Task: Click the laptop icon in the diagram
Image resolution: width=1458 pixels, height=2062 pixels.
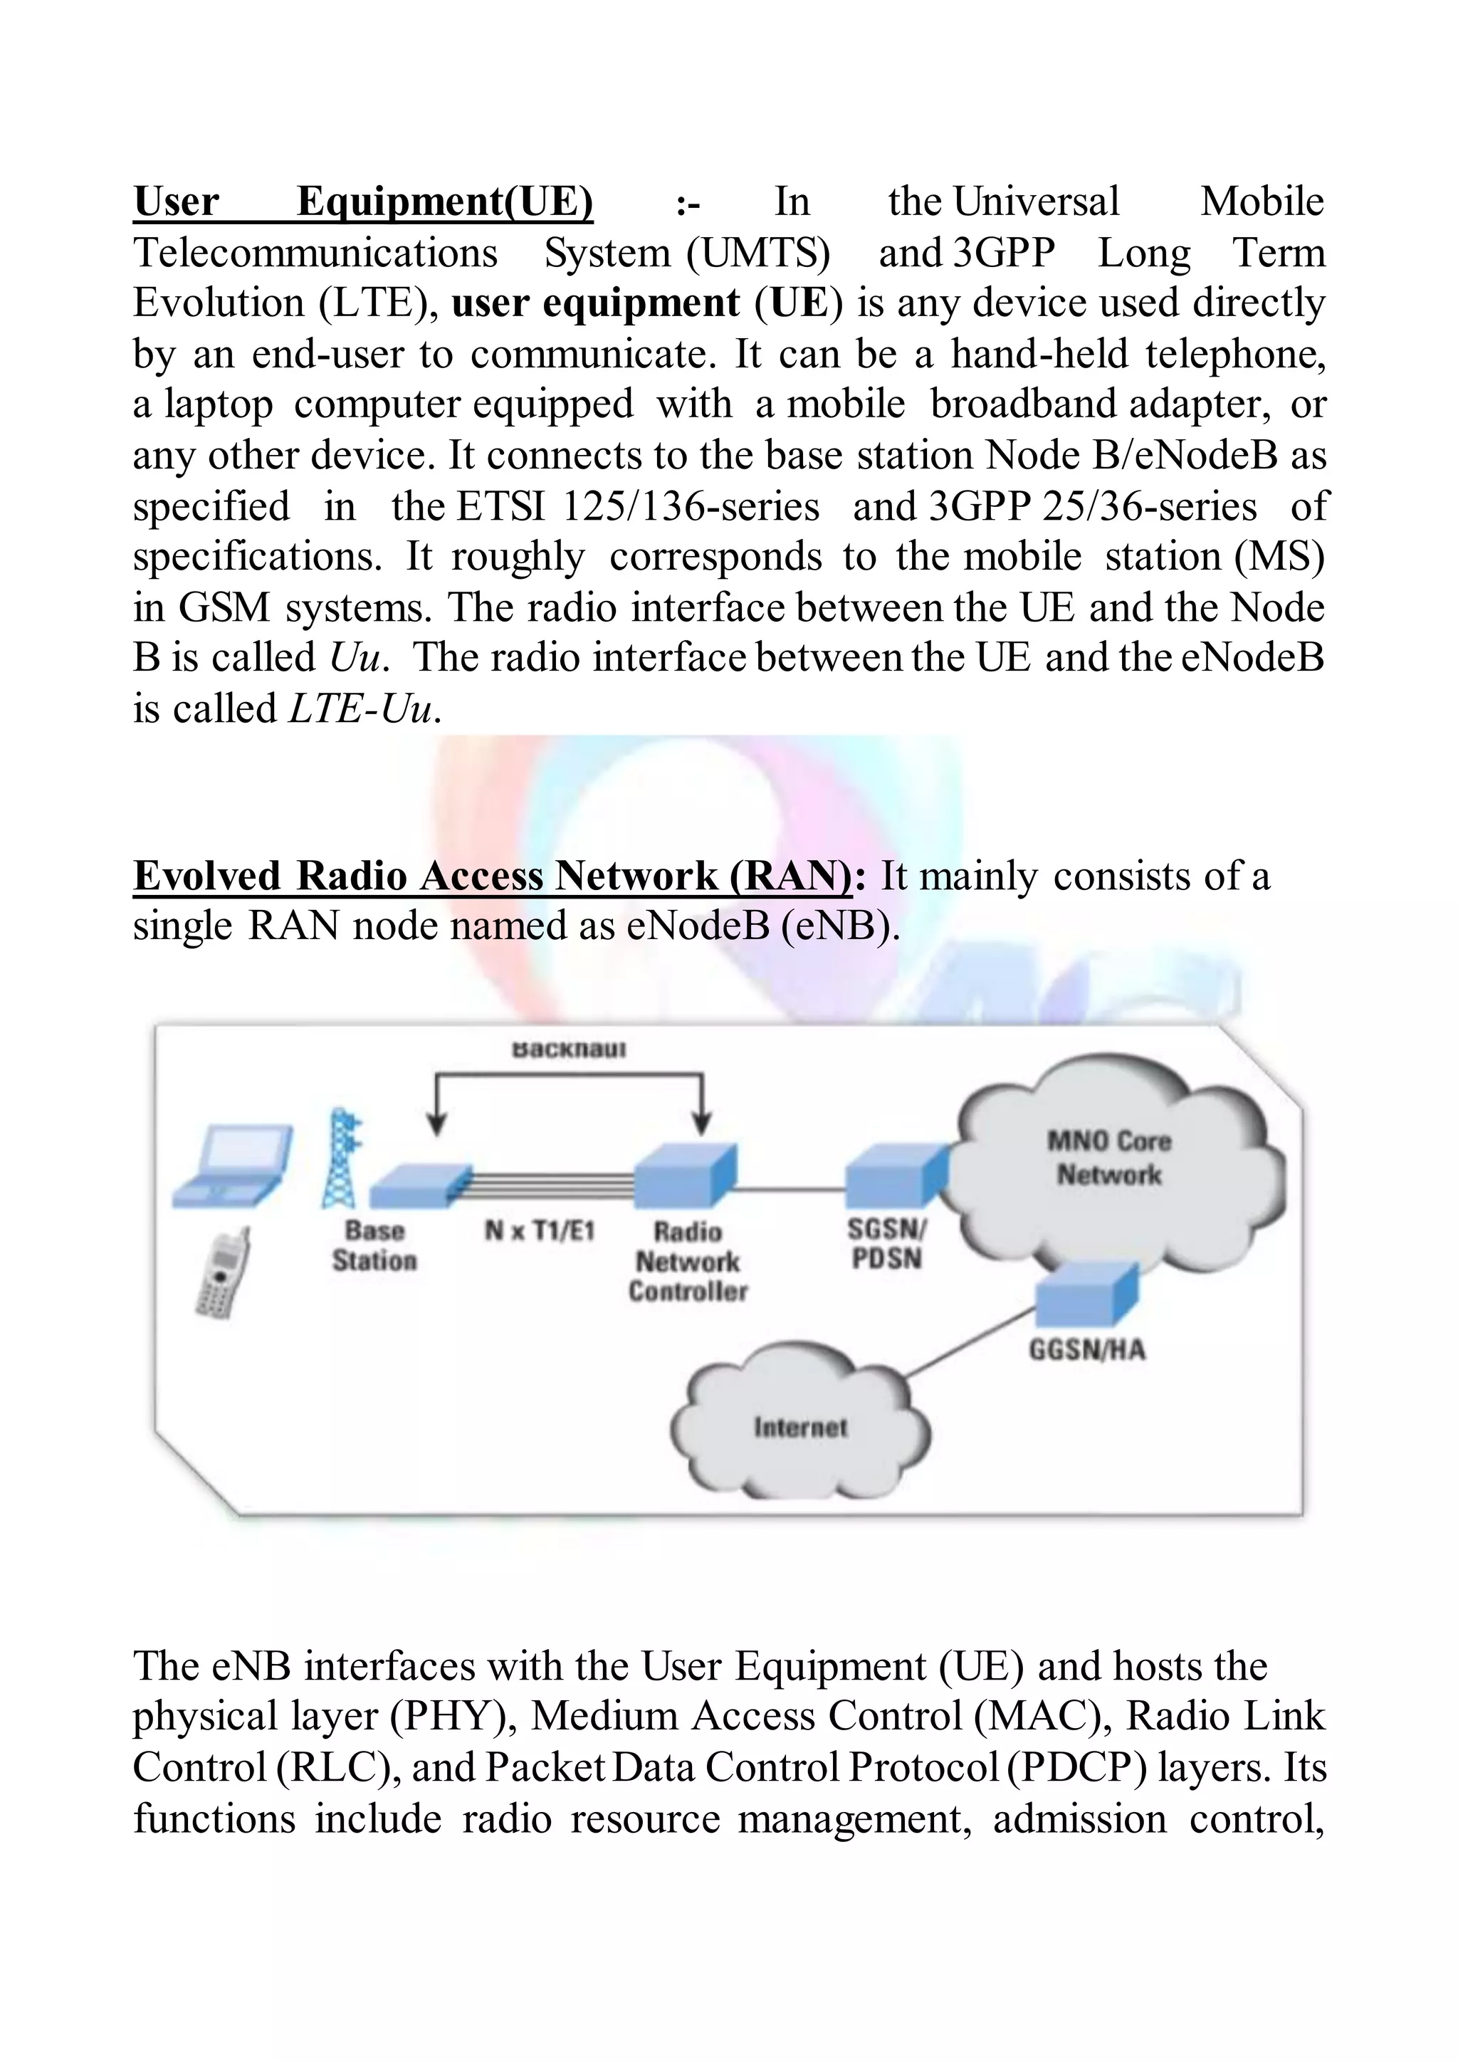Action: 231,1166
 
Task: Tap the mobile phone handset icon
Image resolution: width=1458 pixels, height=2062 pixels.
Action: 221,1275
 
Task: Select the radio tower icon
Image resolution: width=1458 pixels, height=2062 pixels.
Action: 342,1158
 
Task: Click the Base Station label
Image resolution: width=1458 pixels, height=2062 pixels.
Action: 374,1245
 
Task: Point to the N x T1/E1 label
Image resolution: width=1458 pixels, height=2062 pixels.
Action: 540,1230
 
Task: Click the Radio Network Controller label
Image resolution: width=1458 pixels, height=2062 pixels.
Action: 688,1261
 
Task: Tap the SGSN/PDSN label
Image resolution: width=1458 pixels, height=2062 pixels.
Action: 887,1244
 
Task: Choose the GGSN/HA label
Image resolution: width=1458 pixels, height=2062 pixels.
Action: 1086,1350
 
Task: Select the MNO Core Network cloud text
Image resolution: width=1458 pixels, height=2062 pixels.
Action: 1110,1158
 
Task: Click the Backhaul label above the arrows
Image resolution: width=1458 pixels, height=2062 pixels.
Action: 568,1049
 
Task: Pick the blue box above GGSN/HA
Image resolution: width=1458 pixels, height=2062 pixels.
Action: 1087,1296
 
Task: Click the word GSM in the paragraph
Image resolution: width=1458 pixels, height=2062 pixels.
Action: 224,608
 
